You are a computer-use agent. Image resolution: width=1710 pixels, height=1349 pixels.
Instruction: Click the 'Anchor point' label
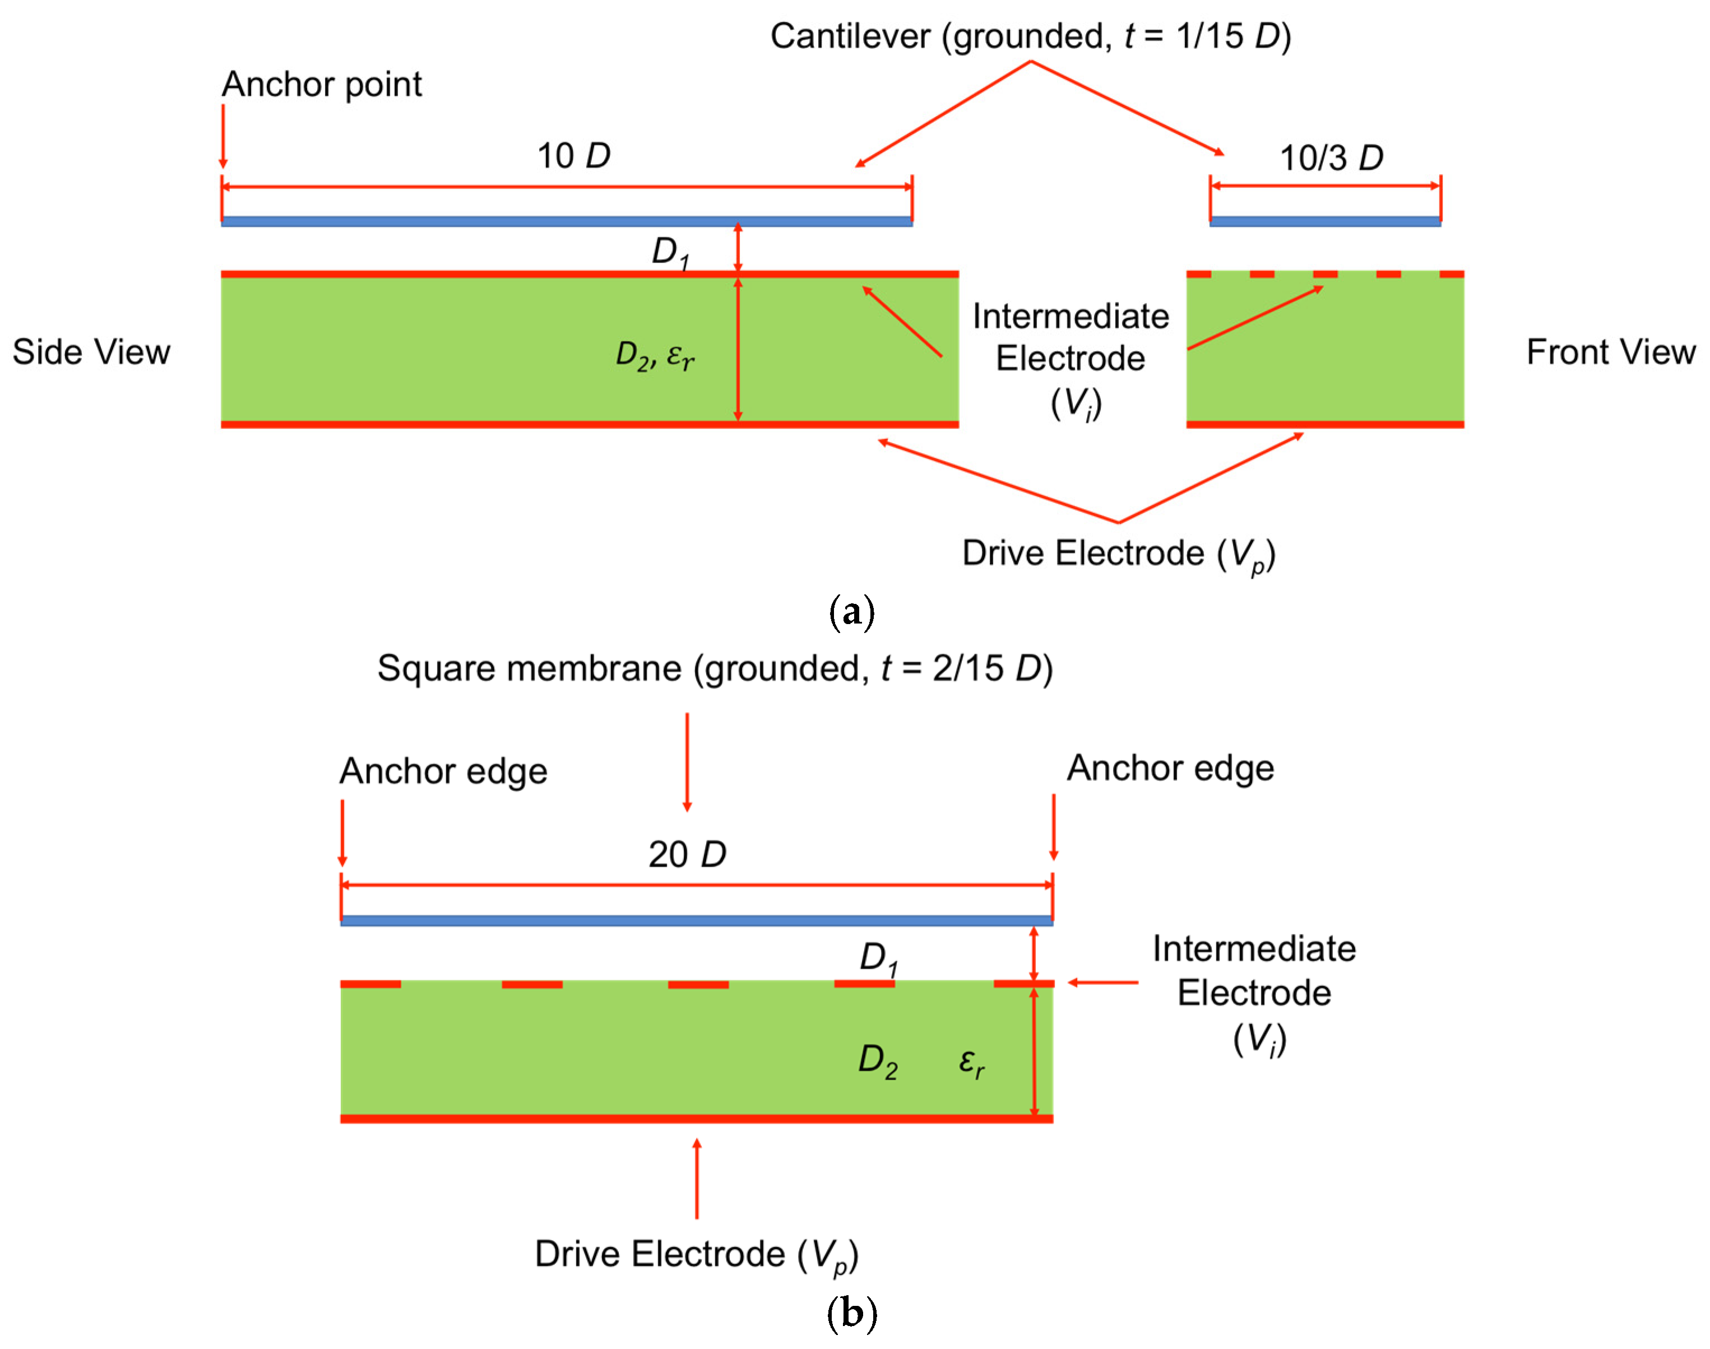[x=322, y=85]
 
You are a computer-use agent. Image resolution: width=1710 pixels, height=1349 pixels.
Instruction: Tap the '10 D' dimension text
[x=574, y=156]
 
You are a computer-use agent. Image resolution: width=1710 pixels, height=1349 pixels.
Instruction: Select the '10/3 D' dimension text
[x=1332, y=158]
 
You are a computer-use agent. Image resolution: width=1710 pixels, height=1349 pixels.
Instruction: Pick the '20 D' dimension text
[x=687, y=854]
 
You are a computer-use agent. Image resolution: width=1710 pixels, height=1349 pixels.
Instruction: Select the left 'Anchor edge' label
[x=443, y=771]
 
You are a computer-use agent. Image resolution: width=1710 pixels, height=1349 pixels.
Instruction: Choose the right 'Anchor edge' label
[x=1170, y=767]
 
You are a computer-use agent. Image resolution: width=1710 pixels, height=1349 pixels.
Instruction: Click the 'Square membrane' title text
[x=715, y=668]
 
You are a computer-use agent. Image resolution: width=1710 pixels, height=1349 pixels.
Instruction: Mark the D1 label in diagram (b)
[x=878, y=959]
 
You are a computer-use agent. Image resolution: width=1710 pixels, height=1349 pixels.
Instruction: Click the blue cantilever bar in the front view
[x=1325, y=222]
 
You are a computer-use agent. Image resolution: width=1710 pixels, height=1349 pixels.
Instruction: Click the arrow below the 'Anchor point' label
[x=223, y=136]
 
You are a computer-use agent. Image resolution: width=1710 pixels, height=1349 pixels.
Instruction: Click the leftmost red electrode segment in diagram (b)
[x=370, y=984]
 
